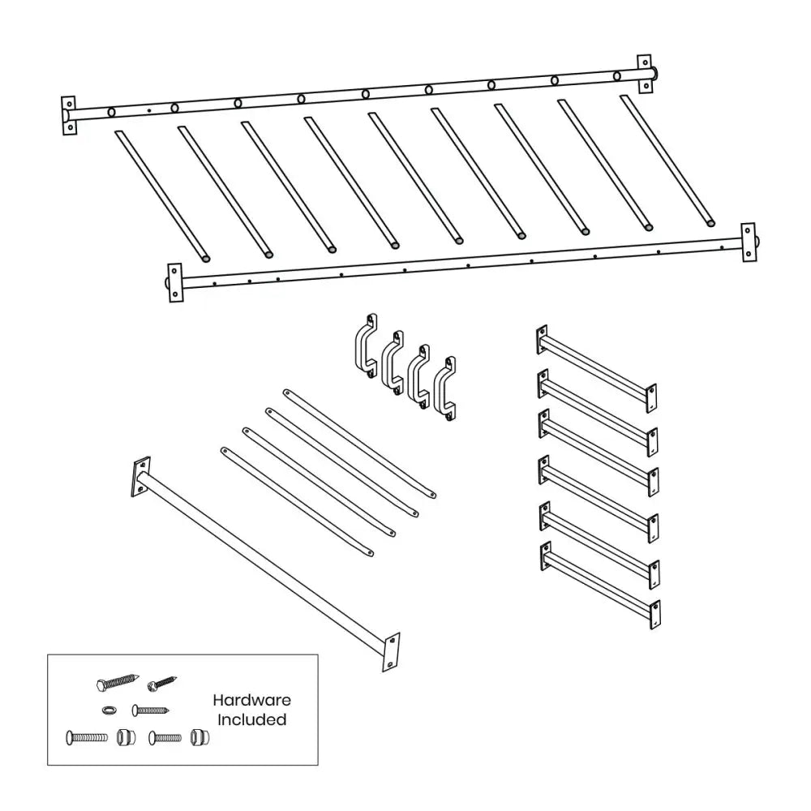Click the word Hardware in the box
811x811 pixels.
(251, 700)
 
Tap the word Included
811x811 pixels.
(251, 719)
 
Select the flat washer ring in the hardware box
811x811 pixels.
(109, 710)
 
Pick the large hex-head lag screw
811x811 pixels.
(118, 682)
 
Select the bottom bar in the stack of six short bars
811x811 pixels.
(599, 586)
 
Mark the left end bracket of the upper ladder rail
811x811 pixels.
(69, 115)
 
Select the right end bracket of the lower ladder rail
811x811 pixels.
(748, 242)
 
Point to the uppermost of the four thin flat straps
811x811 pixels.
(359, 442)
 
